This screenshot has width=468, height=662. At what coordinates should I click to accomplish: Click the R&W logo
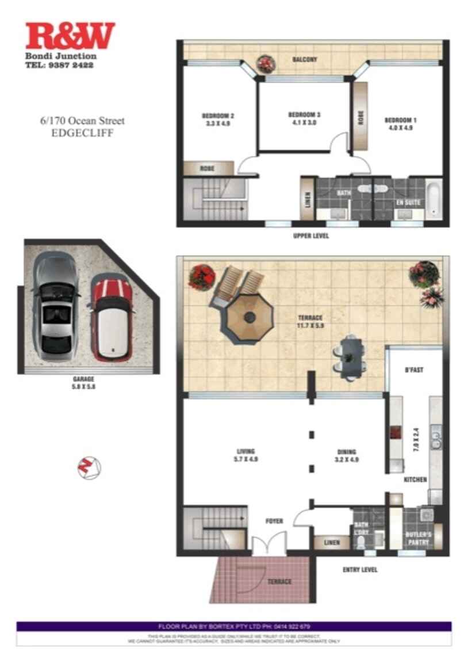[70, 36]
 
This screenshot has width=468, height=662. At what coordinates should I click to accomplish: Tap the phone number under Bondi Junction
[59, 66]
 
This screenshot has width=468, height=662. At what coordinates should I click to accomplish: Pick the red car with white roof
[112, 318]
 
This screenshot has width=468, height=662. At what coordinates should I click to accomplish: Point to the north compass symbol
[89, 467]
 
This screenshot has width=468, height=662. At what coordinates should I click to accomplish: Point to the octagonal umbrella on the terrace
[248, 318]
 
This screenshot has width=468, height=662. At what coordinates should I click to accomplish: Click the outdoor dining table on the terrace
[351, 358]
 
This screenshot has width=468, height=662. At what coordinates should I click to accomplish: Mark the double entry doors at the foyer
[269, 542]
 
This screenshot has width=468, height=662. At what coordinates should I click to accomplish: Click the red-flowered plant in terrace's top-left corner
[201, 277]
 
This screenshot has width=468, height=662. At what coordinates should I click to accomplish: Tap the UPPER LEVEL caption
[310, 237]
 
